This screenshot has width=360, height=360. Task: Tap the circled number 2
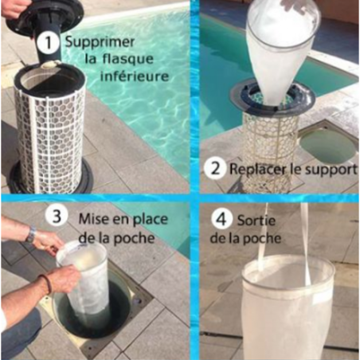pyautogui.click(x=213, y=168)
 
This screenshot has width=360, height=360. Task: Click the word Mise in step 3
pyautogui.click(x=93, y=216)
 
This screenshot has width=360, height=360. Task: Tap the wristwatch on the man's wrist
pyautogui.click(x=30, y=236)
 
